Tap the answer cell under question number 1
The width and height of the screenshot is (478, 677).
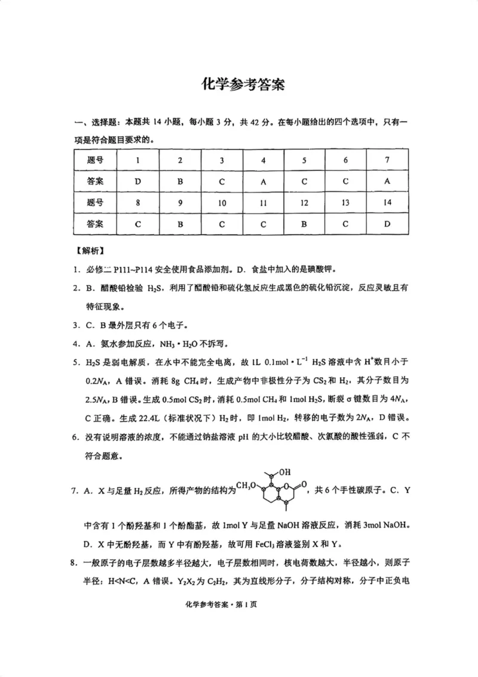pos(137,181)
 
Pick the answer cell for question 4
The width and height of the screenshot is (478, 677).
pos(263,181)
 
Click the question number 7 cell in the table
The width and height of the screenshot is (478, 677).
pos(387,160)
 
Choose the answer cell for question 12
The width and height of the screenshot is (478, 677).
pos(304,224)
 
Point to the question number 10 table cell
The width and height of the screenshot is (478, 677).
pos(222,203)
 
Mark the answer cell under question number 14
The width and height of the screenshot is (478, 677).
pos(387,224)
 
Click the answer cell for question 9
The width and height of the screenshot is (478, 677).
pos(180,224)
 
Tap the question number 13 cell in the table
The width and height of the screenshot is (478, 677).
pos(345,203)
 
